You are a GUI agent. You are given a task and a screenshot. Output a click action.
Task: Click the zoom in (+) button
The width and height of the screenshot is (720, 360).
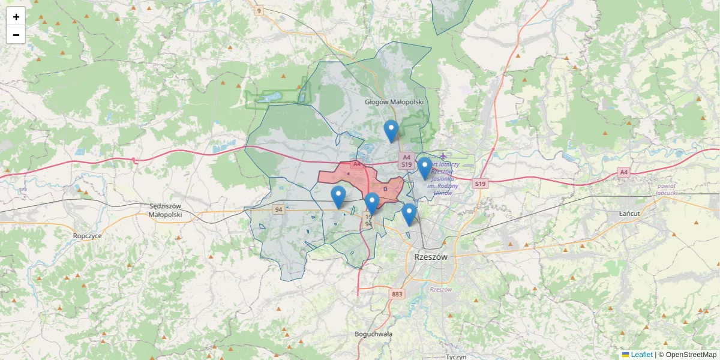[16, 17]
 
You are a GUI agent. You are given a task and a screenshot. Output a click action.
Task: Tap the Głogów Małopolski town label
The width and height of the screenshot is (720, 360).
[394, 102]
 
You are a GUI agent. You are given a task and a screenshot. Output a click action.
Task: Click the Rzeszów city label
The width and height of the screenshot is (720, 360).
[431, 257]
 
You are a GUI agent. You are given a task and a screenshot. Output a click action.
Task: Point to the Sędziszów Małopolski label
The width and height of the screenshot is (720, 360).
[164, 210]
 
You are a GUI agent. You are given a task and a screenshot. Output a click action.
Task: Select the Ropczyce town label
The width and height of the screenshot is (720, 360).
[88, 236]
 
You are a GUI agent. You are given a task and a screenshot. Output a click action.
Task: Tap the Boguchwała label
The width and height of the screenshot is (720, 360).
[373, 334]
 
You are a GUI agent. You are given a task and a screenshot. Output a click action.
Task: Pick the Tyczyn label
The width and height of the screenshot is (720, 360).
[456, 356]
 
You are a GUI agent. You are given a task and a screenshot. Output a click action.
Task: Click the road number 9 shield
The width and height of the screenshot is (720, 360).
[259, 11]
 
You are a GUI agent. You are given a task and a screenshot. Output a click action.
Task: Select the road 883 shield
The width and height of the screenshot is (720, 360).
[396, 294]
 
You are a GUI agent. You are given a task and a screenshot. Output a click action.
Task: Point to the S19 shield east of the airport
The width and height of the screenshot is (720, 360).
[480, 184]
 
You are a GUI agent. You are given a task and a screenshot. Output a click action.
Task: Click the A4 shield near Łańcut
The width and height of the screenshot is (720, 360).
[624, 172]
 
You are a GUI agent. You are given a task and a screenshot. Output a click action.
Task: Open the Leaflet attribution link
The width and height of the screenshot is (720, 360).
[641, 355]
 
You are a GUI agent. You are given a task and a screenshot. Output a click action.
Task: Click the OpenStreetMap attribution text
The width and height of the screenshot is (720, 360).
[691, 355]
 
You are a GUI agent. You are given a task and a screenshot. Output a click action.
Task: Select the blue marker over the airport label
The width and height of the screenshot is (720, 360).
[424, 168]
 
